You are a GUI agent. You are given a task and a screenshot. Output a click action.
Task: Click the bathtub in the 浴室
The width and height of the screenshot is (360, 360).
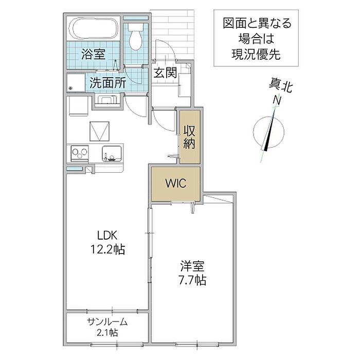tap(95, 29)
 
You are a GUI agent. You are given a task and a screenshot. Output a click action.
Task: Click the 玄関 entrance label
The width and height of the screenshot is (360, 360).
tap(165, 73)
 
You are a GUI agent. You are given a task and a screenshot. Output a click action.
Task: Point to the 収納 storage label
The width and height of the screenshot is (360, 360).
tap(189, 137)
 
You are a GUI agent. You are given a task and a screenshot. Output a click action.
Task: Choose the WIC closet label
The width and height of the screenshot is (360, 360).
tap(176, 183)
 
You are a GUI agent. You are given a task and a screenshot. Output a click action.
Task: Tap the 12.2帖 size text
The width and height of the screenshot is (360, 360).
tap(107, 249)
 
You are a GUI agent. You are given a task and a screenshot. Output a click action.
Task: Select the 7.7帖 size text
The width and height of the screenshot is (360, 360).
tap(192, 280)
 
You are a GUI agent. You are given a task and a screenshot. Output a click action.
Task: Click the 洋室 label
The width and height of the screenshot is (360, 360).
tap(192, 266)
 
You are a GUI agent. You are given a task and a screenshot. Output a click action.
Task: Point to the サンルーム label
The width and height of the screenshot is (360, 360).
tap(107, 322)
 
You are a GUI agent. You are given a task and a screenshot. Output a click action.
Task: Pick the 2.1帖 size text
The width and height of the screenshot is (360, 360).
tap(107, 332)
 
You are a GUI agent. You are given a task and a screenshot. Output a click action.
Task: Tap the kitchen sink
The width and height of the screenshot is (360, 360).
tap(112, 154)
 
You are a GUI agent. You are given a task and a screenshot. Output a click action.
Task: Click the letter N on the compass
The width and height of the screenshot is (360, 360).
tap(277, 100)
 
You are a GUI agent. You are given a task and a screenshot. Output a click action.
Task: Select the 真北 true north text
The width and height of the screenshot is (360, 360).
tap(280, 86)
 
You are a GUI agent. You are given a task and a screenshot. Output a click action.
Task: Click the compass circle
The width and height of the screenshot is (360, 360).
tap(268, 117)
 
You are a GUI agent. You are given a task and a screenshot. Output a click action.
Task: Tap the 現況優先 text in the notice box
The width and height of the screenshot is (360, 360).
tap(256, 54)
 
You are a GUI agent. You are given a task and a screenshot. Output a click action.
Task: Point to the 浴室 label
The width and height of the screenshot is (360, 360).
tap(94, 55)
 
